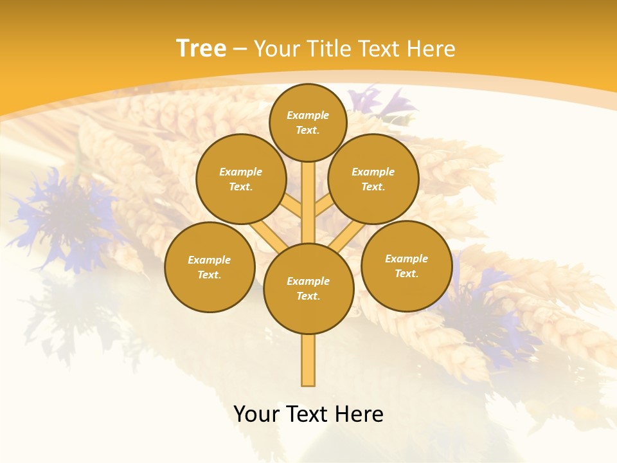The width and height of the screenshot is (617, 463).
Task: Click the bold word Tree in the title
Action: tap(201, 49)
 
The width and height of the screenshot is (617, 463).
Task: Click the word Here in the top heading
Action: tap(431, 49)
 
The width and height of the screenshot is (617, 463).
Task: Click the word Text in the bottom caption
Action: tap(307, 414)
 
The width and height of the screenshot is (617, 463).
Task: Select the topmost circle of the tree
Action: tap(308, 122)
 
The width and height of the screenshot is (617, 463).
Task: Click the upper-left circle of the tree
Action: tap(241, 179)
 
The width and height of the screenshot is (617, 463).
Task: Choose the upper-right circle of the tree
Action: tap(373, 179)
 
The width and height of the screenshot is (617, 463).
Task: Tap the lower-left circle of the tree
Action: tap(210, 267)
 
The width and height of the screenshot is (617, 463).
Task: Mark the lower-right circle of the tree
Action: tap(406, 266)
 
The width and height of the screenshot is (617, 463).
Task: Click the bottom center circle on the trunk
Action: tap(308, 289)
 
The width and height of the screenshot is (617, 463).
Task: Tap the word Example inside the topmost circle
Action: tap(308, 115)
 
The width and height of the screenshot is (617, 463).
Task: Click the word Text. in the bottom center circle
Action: tap(308, 296)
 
